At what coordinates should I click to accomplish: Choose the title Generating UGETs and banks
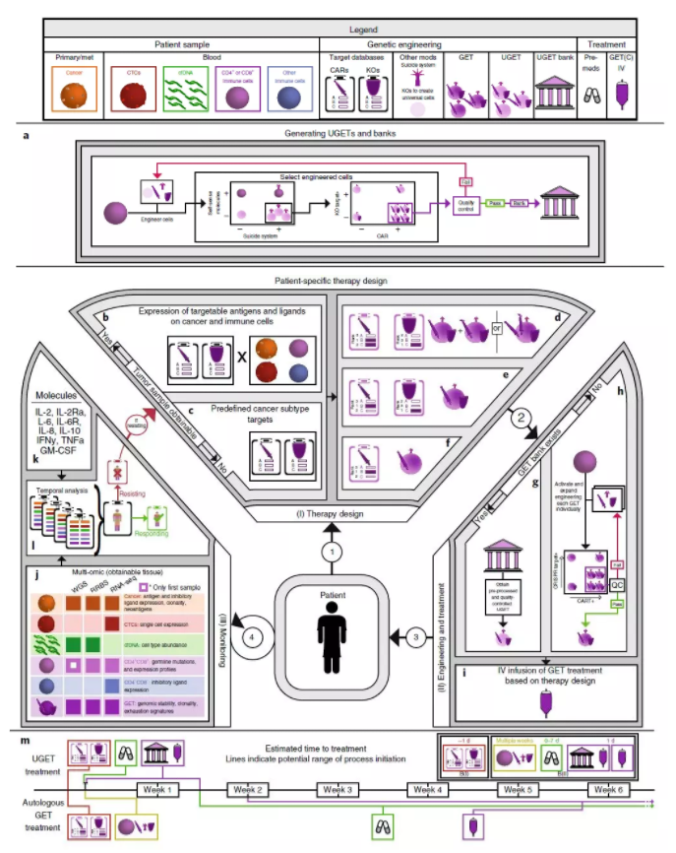point(337,143)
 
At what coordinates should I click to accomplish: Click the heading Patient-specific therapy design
point(338,281)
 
